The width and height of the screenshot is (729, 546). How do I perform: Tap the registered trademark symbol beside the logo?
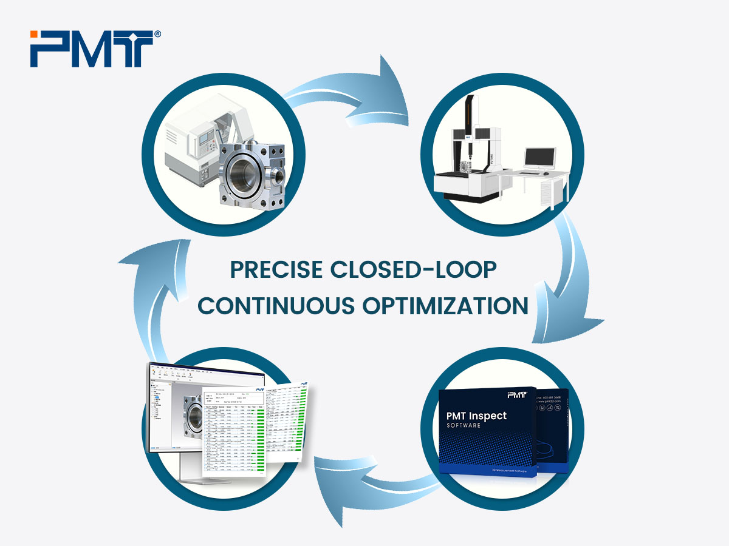coord(157,35)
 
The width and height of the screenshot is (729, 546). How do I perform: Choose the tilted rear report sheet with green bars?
coord(289,419)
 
